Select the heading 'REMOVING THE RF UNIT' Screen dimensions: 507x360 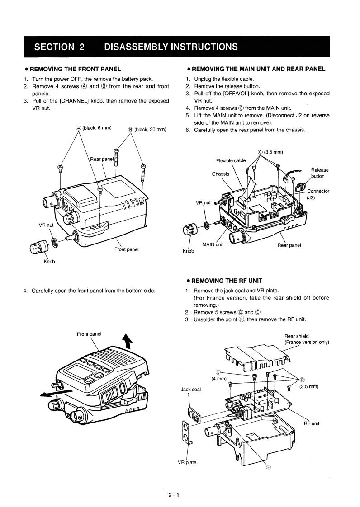pyautogui.click(x=227, y=281)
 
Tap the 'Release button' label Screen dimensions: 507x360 pyautogui.click(x=320, y=173)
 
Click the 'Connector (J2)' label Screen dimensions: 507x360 pyautogui.click(x=318, y=194)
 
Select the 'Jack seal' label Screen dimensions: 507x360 pyautogui.click(x=190, y=389)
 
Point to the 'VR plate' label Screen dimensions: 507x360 pyautogui.click(x=187, y=462)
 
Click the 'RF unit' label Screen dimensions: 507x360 pyautogui.click(x=312, y=423)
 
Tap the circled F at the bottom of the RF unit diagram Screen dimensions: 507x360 pyautogui.click(x=268, y=467)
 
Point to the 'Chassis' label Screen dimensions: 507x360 pyautogui.click(x=220, y=174)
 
